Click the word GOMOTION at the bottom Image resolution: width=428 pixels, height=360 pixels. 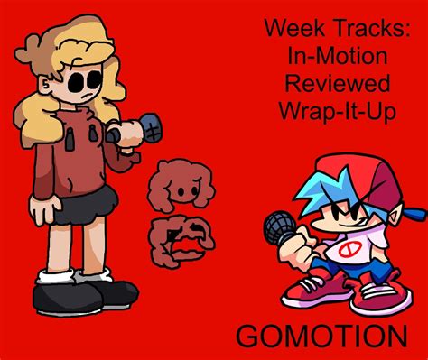point(321,336)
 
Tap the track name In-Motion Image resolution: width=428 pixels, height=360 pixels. point(338,56)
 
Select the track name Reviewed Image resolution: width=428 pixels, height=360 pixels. point(338,83)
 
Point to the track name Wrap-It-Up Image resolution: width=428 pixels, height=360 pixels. point(338,112)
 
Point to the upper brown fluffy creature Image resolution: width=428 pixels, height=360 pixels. point(181,185)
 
